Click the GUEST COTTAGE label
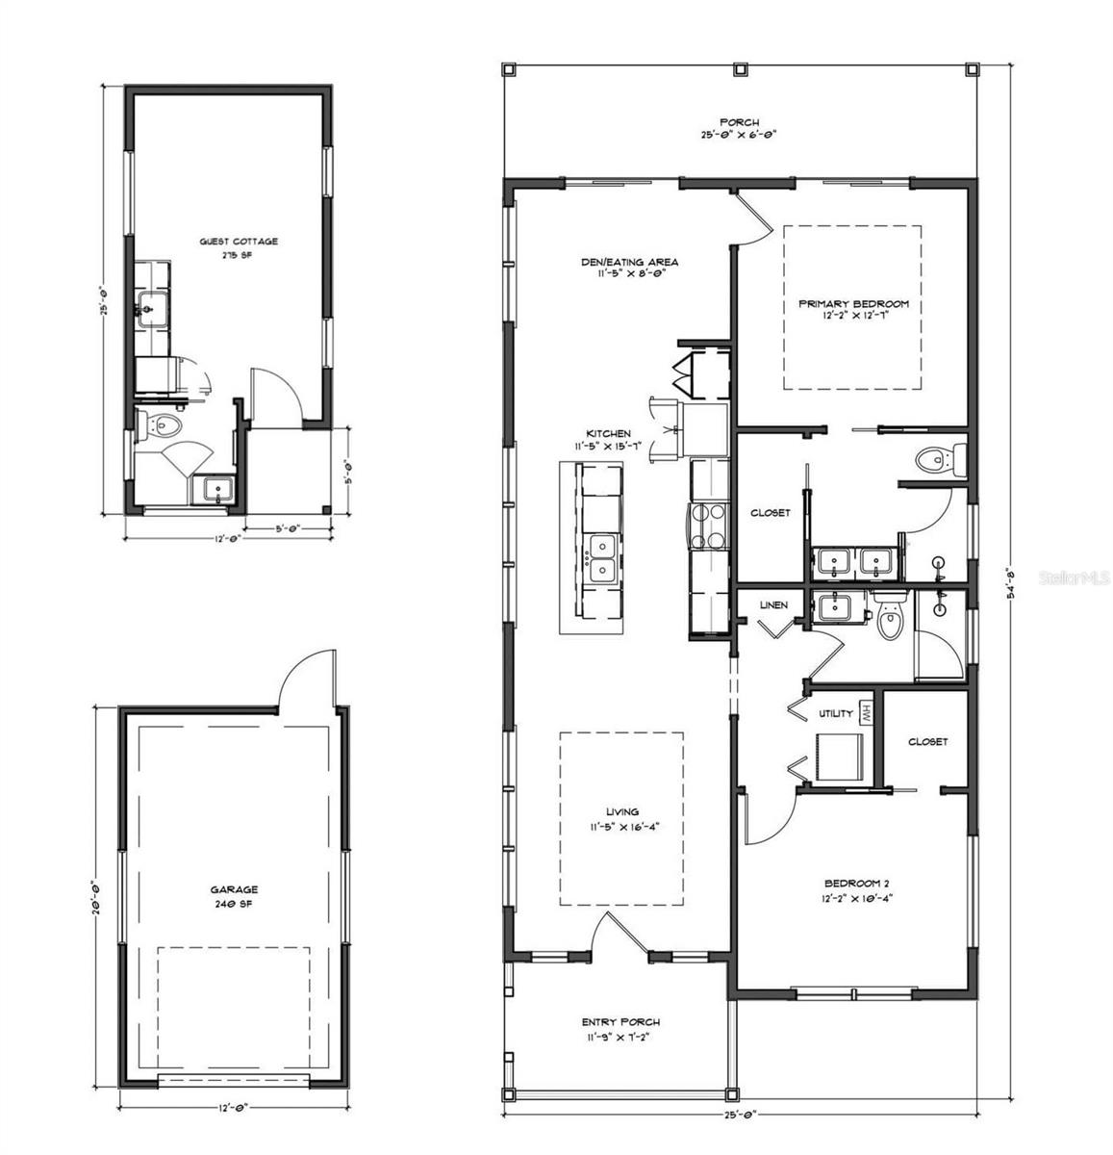click(239, 241)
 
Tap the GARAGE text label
click(234, 890)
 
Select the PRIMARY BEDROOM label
click(852, 304)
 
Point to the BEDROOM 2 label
click(852, 884)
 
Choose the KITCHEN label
click(608, 434)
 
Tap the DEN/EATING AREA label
click(630, 262)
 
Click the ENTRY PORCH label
click(620, 1022)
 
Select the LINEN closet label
click(773, 605)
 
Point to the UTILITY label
click(835, 713)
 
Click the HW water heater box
click(865, 713)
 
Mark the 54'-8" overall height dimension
click(1009, 582)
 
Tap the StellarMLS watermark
click(1071, 578)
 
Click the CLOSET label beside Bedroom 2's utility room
click(927, 741)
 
